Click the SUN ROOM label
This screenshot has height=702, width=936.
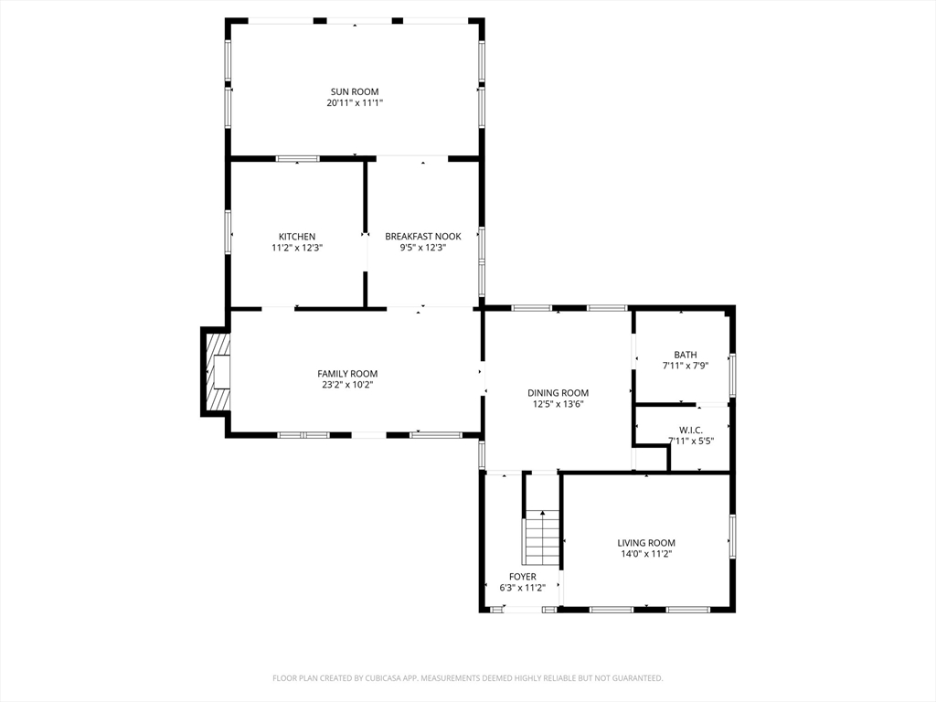pos(355,92)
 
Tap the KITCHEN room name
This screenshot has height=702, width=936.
pos(297,237)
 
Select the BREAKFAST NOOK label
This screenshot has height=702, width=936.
pos(422,237)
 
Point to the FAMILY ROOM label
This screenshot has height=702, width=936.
pos(347,374)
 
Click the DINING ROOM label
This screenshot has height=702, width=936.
pos(558,393)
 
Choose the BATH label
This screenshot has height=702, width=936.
pos(686,356)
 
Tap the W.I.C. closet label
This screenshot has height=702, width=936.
pos(691,431)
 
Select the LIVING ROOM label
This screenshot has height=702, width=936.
pos(646,543)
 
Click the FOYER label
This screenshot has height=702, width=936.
pos(522,578)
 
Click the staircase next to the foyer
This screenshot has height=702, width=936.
pos(542,537)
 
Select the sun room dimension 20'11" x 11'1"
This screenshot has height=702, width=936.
pos(355,103)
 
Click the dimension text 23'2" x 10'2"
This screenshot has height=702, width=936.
pos(347,386)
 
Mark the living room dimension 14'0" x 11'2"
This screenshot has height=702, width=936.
pos(646,555)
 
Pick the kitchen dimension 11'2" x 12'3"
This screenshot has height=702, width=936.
pos(297,249)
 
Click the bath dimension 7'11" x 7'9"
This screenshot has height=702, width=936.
pos(686,367)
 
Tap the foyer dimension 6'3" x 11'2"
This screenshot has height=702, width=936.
pos(522,589)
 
